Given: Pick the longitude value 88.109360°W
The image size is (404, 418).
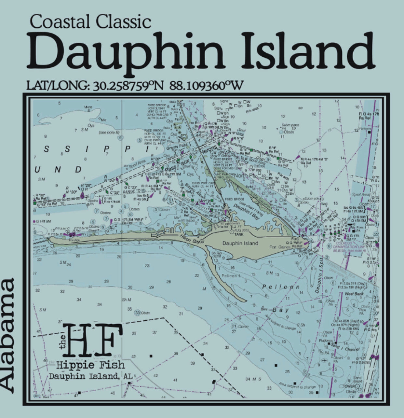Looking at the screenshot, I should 207,86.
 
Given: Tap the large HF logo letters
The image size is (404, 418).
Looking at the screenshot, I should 94,340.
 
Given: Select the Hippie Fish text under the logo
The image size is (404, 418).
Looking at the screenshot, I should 90,365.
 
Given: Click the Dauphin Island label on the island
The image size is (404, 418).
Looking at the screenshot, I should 240,243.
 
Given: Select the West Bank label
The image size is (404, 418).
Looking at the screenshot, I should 352,294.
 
